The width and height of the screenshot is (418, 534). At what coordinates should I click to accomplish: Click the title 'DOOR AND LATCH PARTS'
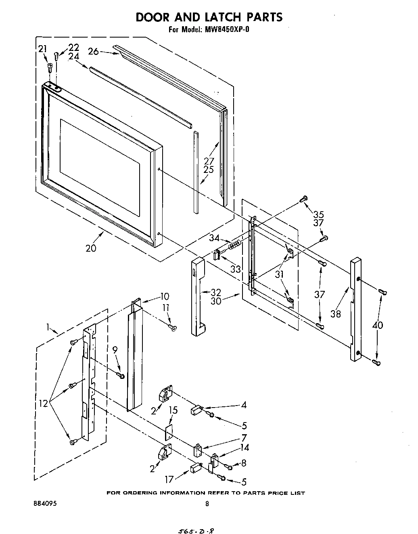pos(209,17)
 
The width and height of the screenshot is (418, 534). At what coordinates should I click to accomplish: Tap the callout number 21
pos(43,49)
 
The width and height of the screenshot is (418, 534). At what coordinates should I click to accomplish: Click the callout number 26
pos(93,52)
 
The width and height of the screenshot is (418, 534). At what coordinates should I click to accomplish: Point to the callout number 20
pos(91,248)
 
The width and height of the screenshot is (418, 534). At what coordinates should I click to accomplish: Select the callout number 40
pos(378,325)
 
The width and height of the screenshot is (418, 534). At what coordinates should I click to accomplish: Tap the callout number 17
pos(169,479)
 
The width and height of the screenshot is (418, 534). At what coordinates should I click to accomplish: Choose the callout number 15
pos(173,410)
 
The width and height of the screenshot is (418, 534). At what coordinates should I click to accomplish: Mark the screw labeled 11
pos(173,329)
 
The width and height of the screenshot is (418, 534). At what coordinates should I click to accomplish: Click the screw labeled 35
pos(305,198)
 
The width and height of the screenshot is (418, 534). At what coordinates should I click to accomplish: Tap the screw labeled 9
pos(121,376)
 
